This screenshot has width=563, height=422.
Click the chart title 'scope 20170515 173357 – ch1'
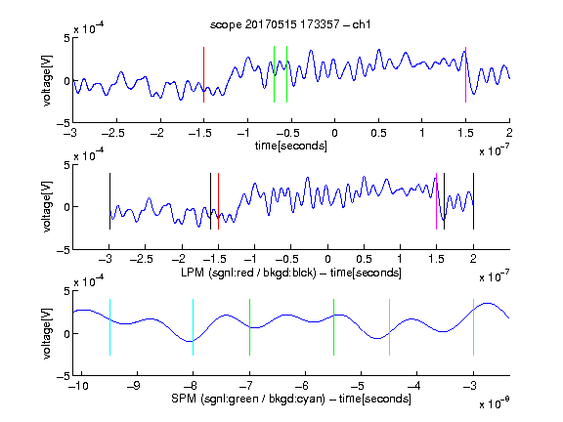tap(290, 24)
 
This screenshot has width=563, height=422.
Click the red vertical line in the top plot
tap(204, 74)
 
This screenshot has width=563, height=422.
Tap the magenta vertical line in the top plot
tap(465, 74)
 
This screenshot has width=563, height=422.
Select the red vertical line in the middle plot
tap(218, 201)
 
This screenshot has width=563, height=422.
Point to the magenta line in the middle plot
tap(436, 201)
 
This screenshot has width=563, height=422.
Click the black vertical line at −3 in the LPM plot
tap(109, 201)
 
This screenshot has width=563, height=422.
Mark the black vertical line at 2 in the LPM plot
tap(473, 201)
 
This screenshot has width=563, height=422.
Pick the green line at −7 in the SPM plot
tap(249, 327)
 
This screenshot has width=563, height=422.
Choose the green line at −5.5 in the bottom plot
tap(333, 327)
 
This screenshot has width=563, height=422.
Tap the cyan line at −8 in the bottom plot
tap(194, 327)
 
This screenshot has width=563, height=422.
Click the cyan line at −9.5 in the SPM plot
tap(109, 327)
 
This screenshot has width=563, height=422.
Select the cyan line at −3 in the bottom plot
tap(473, 327)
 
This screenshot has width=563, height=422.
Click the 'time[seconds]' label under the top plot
tap(291, 146)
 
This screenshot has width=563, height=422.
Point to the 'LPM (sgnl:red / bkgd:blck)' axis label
tap(248, 273)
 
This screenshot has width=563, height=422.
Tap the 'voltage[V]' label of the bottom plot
tap(47, 333)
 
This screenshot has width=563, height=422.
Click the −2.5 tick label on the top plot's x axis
tap(113, 133)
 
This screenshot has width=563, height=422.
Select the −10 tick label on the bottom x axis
tap(78, 386)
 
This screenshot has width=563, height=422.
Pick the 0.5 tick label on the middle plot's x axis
tap(364, 259)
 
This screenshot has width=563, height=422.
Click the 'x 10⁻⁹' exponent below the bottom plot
tap(495, 403)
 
